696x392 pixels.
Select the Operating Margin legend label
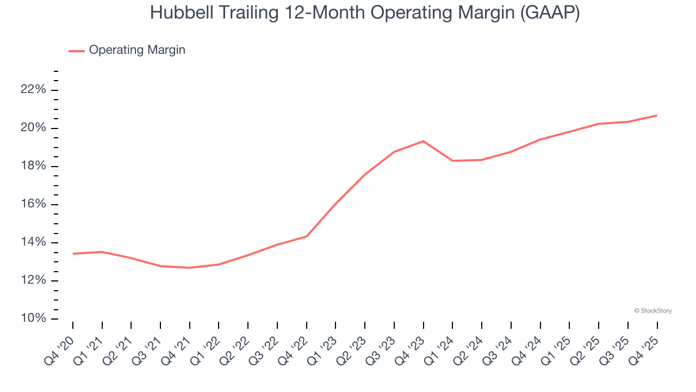(137, 50)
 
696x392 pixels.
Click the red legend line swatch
(76, 51)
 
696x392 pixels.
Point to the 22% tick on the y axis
(34, 89)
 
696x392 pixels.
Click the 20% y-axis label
(34, 127)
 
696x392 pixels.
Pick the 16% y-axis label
(34, 204)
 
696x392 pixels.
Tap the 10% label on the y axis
(34, 318)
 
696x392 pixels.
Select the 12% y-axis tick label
(34, 280)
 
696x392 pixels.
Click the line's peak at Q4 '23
(424, 141)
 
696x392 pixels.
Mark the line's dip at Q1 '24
(452, 161)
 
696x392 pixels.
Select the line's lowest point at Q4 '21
(190, 268)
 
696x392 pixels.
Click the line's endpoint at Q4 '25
(657, 115)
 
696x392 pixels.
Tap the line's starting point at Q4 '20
(73, 254)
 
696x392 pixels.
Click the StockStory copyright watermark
(652, 311)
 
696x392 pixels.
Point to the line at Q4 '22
(307, 236)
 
